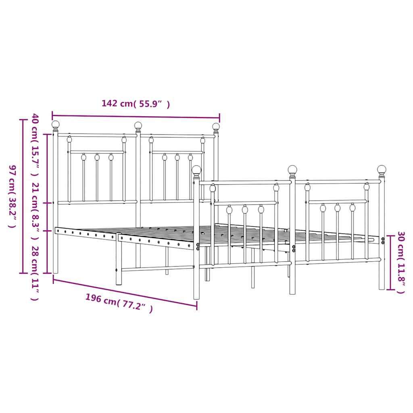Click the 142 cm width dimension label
[x=136, y=104]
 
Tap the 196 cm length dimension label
[x=119, y=303]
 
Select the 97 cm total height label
[x=13, y=196]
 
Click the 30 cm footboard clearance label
[x=400, y=262]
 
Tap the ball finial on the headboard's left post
[x=56, y=124]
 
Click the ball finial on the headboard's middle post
[x=138, y=125]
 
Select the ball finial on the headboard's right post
[x=216, y=127]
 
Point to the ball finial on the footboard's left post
[x=196, y=170]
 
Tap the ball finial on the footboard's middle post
[x=292, y=169]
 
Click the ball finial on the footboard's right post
[x=382, y=169]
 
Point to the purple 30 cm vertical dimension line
[x=390, y=262]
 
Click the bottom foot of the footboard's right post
[x=382, y=287]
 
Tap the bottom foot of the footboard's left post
[x=196, y=297]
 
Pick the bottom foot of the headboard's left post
[x=56, y=271]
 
